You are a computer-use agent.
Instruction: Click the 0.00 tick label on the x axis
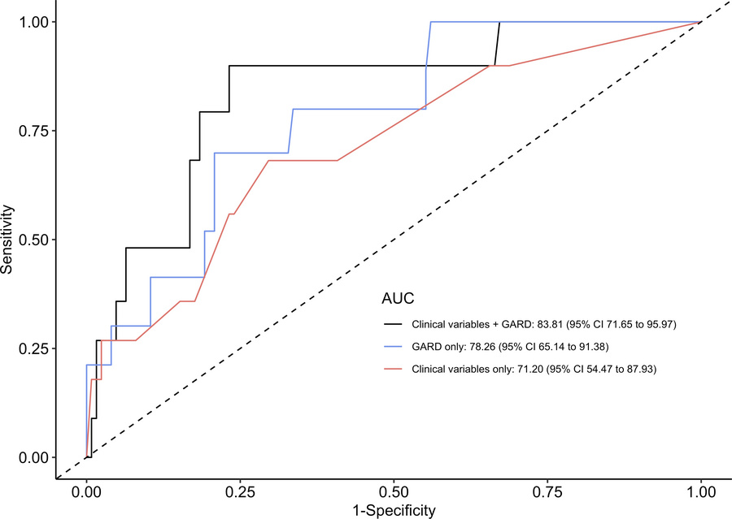(x=87, y=491)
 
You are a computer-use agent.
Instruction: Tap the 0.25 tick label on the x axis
(x=241, y=491)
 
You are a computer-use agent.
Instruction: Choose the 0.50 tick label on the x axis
(x=394, y=491)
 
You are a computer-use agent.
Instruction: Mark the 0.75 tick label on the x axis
(x=548, y=491)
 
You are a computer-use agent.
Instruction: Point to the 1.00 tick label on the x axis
(x=701, y=491)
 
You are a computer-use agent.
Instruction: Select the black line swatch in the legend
(x=395, y=324)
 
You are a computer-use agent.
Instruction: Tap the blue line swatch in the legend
(x=395, y=347)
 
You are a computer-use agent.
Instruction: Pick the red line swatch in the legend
(x=395, y=369)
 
